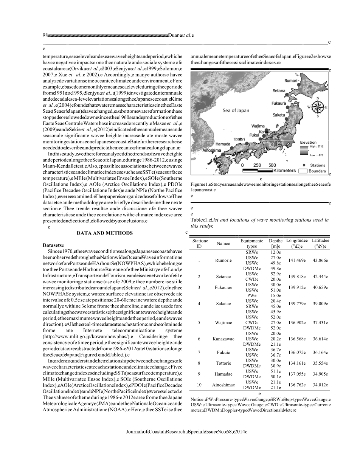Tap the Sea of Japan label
[236, 110]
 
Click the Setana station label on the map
[279, 91]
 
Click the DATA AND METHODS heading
[105, 233]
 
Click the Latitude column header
[320, 243]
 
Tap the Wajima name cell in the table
[223, 323]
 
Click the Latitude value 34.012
[320, 385]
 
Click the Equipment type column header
[252, 243]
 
